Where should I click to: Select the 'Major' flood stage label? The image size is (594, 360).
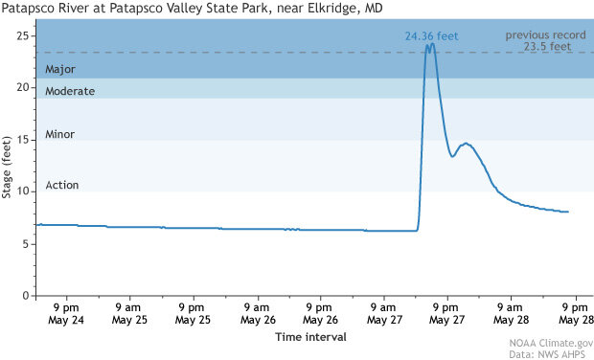[x=59, y=69]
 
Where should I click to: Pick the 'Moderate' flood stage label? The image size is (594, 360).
[x=70, y=91]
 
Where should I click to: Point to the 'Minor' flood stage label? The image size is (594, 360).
[x=59, y=135]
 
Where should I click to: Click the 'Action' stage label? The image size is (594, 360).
[x=61, y=185]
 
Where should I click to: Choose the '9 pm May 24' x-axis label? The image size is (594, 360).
[x=65, y=313]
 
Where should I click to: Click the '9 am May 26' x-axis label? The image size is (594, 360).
[x=255, y=313]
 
